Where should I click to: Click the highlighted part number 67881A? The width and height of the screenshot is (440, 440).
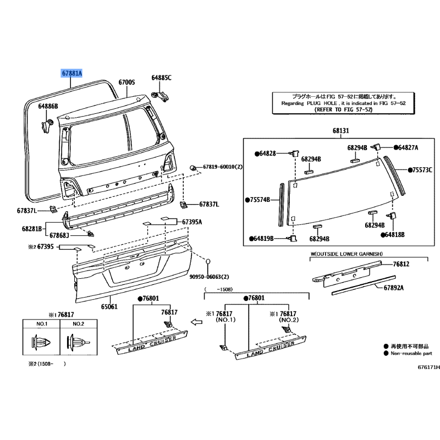click(72, 73)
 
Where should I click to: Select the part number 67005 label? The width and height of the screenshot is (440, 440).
click(127, 82)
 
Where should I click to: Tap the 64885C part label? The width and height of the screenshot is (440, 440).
click(161, 78)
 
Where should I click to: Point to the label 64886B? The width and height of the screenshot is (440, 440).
click(48, 106)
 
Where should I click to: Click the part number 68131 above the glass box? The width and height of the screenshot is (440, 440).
click(341, 130)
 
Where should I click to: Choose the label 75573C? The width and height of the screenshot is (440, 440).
click(422, 170)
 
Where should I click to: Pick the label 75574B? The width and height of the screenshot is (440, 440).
click(260, 200)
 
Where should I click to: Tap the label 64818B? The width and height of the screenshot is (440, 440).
click(395, 235)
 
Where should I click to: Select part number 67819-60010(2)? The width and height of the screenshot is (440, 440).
click(223, 167)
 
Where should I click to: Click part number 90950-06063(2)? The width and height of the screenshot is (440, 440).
click(210, 277)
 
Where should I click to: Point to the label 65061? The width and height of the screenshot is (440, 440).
click(109, 306)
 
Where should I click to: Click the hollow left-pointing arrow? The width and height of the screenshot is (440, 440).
click(196, 322)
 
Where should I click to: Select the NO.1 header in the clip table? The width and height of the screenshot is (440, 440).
click(42, 324)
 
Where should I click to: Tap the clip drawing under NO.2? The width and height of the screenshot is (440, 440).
click(78, 342)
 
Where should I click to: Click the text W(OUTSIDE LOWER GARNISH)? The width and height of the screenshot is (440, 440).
click(346, 254)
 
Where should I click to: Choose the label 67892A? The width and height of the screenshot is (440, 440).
click(394, 288)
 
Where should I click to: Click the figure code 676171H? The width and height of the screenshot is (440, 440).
click(429, 367)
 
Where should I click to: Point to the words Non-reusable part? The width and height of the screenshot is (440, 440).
click(411, 354)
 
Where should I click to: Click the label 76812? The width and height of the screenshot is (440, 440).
click(401, 264)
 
